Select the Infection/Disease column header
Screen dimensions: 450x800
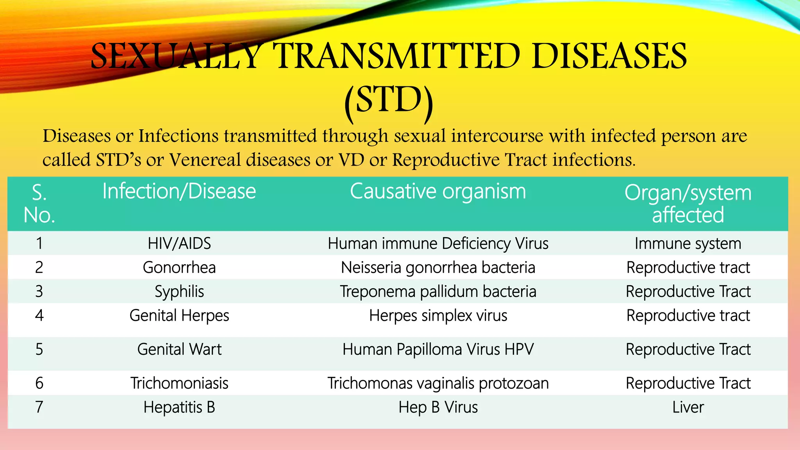(x=179, y=191)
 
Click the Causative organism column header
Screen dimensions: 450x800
(x=438, y=191)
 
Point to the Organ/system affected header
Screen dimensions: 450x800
(x=688, y=204)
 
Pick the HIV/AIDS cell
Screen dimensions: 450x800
(x=179, y=243)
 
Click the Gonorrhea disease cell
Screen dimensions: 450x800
(x=179, y=268)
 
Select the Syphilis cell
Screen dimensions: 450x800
(x=179, y=292)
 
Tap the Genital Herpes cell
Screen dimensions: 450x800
(x=179, y=316)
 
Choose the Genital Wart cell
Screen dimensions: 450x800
(x=179, y=349)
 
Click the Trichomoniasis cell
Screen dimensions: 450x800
(x=179, y=383)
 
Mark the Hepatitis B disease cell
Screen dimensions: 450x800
(x=179, y=407)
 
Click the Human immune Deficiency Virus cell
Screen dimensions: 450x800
(x=438, y=243)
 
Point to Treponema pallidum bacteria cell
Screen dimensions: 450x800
(x=438, y=292)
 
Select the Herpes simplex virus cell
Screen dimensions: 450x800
(x=438, y=316)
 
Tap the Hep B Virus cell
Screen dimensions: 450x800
(x=438, y=407)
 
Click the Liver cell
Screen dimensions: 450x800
(x=688, y=407)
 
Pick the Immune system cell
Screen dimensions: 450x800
(x=688, y=243)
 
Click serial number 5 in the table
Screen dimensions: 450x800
(x=39, y=349)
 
